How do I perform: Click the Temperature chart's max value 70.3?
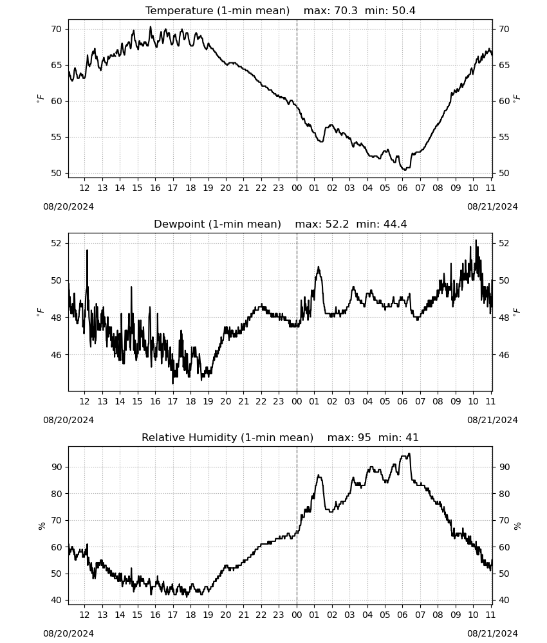click(x=346, y=11)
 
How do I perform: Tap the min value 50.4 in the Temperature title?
click(x=403, y=11)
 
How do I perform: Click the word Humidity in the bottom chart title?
click(x=213, y=437)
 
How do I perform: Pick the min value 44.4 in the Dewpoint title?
click(x=395, y=224)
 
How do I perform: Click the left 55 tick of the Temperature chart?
click(x=56, y=138)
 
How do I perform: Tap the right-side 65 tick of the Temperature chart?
click(x=504, y=65)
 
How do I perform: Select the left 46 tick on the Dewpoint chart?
click(x=56, y=355)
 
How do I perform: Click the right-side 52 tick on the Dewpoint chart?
click(x=504, y=243)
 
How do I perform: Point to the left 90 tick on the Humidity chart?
click(x=56, y=467)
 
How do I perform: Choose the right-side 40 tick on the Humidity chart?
click(x=504, y=601)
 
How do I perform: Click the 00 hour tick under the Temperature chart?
click(x=297, y=188)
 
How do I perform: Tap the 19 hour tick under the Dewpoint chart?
click(x=208, y=401)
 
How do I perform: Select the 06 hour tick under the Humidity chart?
click(x=403, y=615)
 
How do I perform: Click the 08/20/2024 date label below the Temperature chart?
click(x=68, y=206)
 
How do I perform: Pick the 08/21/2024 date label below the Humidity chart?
click(x=492, y=633)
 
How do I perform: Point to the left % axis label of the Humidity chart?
click(x=41, y=526)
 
